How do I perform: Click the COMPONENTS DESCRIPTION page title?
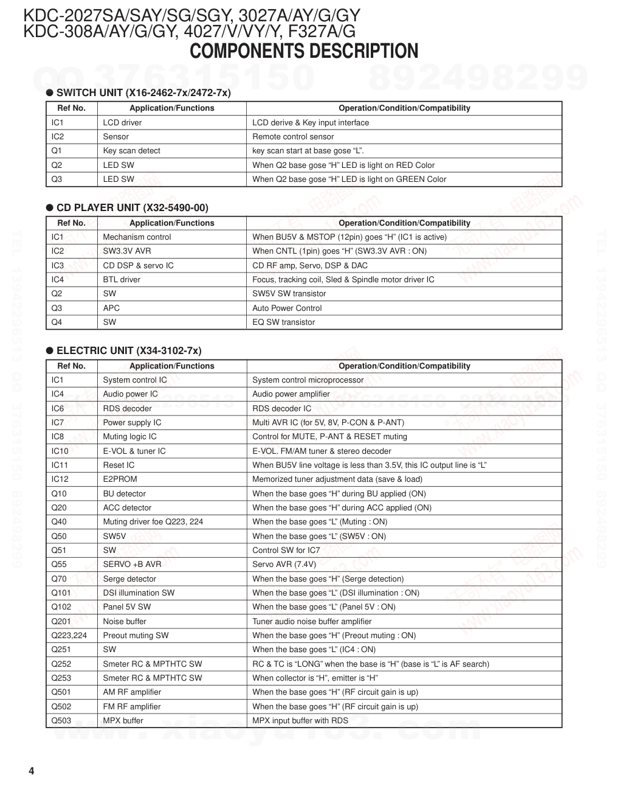(x=304, y=52)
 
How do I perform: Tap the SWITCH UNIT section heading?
(x=143, y=92)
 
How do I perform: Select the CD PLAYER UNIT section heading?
(x=132, y=207)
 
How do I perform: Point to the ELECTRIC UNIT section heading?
(x=129, y=350)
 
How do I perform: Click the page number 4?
(x=31, y=771)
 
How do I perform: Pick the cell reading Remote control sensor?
(x=293, y=137)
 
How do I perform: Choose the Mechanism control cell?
(x=137, y=237)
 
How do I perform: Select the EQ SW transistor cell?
(x=283, y=322)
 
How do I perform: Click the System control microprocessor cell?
(x=308, y=380)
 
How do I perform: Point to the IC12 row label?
(x=60, y=479)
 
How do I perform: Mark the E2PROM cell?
(x=120, y=479)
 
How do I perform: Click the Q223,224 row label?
(x=69, y=636)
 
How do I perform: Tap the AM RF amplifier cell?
(x=132, y=692)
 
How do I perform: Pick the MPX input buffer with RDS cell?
(x=300, y=721)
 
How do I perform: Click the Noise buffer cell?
(x=125, y=622)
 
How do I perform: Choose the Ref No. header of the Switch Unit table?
(x=71, y=108)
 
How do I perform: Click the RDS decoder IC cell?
(x=281, y=409)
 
